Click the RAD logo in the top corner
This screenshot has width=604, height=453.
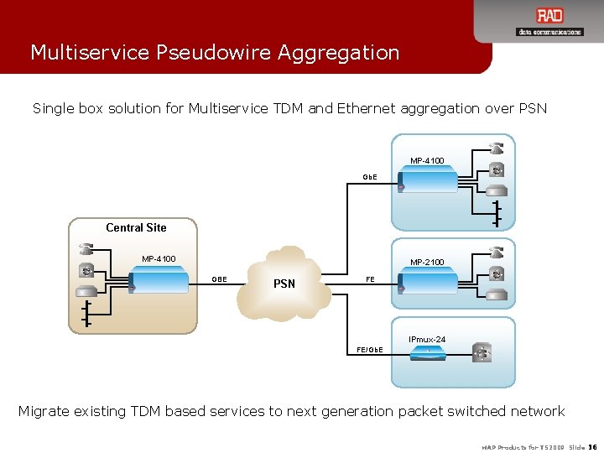tap(549, 17)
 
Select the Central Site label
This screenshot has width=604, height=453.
tap(136, 227)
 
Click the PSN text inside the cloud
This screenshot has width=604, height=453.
tap(284, 284)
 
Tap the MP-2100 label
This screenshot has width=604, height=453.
tap(427, 263)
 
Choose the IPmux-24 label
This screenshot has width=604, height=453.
tap(427, 339)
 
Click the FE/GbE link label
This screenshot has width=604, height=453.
tap(370, 348)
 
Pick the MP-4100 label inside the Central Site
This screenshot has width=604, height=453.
tap(159, 258)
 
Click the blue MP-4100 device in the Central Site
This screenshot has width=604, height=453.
tap(159, 281)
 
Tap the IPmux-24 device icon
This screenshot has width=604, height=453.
tap(427, 354)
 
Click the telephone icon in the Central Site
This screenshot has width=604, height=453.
tap(86, 249)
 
